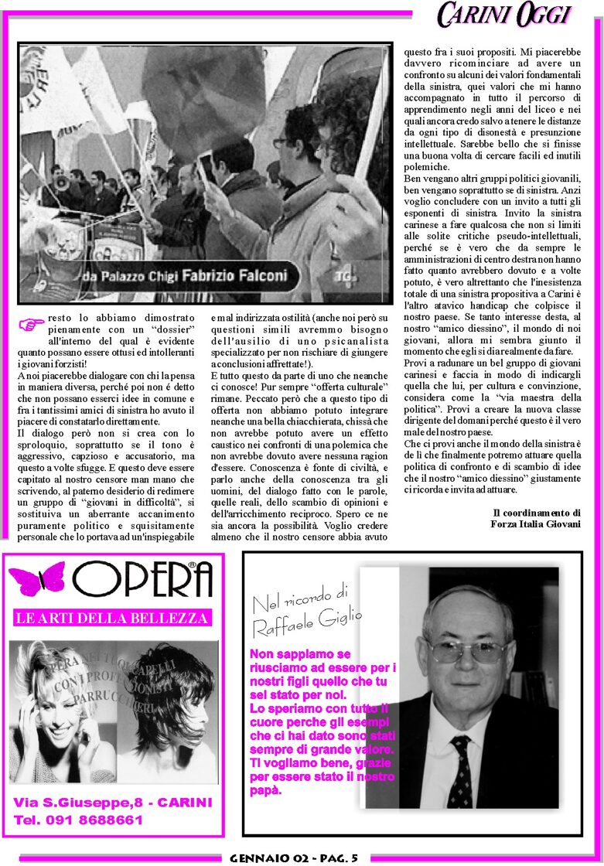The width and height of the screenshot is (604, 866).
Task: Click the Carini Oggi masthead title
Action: (x=503, y=15)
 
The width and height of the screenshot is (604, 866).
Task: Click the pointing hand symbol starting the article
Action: (x=32, y=325)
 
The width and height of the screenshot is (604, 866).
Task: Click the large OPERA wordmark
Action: (x=143, y=579)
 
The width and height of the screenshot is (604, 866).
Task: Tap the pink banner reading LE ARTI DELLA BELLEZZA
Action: (x=112, y=618)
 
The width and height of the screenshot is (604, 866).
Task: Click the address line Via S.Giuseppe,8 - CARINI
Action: (x=112, y=803)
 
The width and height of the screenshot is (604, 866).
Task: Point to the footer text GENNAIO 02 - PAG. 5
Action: (x=294, y=858)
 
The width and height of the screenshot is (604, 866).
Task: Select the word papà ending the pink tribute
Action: (x=265, y=791)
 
